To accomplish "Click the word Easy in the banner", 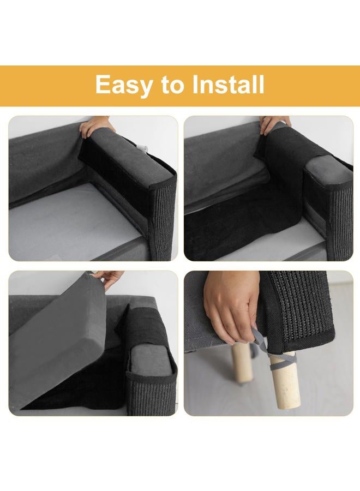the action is [x=124, y=85].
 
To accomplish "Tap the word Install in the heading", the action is [x=228, y=84].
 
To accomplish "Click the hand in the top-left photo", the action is [x=92, y=126].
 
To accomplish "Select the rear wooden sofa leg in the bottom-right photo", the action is [x=241, y=363].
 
